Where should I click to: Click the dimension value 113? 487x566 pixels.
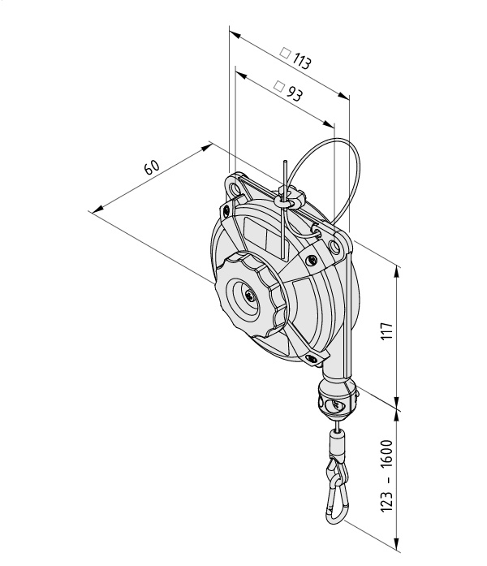click(x=301, y=61)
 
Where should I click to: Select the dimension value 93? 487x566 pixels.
click(x=295, y=94)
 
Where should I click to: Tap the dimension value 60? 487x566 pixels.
click(x=152, y=167)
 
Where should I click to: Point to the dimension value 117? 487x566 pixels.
click(x=386, y=331)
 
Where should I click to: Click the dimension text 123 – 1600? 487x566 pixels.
click(x=386, y=475)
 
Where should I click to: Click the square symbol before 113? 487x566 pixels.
click(x=285, y=54)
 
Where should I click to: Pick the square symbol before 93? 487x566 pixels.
click(x=279, y=86)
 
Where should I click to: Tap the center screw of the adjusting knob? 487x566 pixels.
click(x=249, y=296)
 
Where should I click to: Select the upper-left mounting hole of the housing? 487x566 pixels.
click(x=235, y=189)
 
